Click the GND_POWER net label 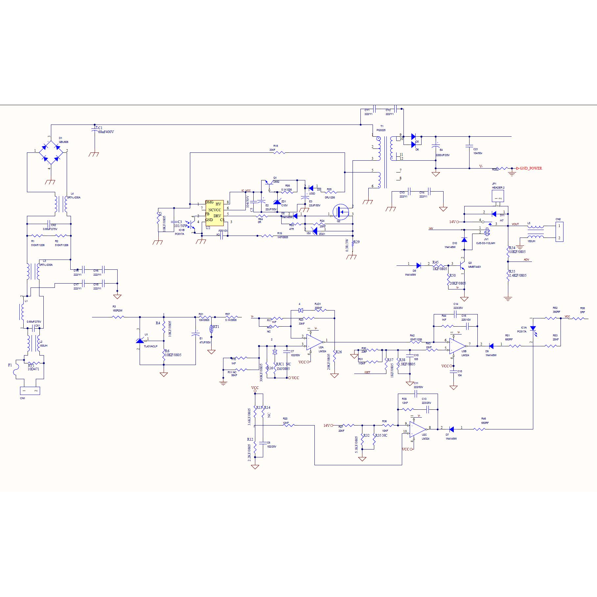pyautogui.click(x=531, y=168)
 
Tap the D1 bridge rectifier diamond pyautogui.click(x=51, y=152)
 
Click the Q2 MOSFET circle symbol pyautogui.click(x=341, y=212)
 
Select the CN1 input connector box pyautogui.click(x=30, y=391)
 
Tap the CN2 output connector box pyautogui.click(x=559, y=232)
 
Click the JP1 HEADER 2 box pyautogui.click(x=498, y=196)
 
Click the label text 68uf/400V pyautogui.click(x=106, y=132)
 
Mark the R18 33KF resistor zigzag pyautogui.click(x=280, y=153)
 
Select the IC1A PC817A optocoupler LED pyautogui.click(x=533, y=329)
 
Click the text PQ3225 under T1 pyautogui.click(x=381, y=130)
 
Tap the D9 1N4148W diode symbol pyautogui.click(x=492, y=346)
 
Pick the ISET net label pyautogui.click(x=367, y=372)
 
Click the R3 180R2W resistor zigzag pyautogui.click(x=119, y=317)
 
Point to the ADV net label pyautogui.click(x=526, y=260)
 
